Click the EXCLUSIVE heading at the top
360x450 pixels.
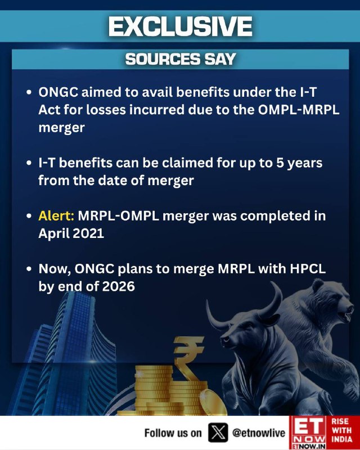click(181, 26)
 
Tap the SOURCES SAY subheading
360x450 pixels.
click(181, 59)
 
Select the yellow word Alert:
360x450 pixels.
click(56, 216)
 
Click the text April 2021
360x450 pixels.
click(71, 233)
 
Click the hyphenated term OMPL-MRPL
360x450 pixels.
click(299, 110)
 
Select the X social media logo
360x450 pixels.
click(218, 433)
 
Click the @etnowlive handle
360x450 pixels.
click(258, 433)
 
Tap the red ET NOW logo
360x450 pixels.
click(308, 433)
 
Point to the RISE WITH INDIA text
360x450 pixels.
click(341, 430)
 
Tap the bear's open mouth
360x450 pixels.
click(345, 315)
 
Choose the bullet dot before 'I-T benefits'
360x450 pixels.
click(29, 163)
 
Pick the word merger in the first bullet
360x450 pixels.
click(61, 128)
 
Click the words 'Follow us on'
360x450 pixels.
click(173, 433)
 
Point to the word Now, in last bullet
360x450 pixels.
click(55, 269)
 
